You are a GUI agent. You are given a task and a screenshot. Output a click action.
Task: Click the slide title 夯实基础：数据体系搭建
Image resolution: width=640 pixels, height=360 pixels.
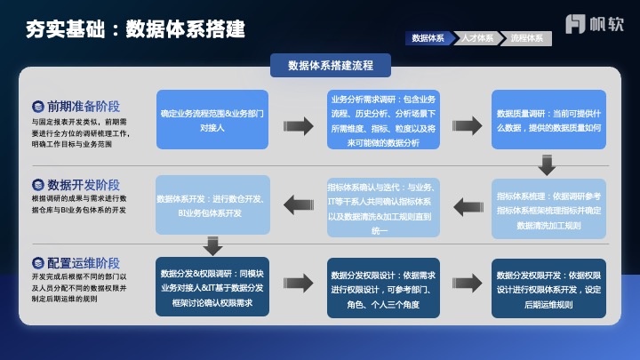point(136,29)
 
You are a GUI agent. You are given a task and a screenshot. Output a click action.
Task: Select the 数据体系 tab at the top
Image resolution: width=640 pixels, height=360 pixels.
point(428,39)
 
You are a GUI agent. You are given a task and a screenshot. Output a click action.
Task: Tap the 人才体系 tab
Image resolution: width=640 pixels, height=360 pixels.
point(477,39)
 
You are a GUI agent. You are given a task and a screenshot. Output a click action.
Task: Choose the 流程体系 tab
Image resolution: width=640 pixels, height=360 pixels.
point(527,39)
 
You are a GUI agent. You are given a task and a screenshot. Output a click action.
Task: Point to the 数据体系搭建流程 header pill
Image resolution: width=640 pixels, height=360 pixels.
point(331,65)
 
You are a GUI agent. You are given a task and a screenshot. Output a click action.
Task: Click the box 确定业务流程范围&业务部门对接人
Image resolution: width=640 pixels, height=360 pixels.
point(212,120)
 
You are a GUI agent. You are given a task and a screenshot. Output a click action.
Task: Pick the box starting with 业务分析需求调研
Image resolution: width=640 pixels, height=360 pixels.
point(383,120)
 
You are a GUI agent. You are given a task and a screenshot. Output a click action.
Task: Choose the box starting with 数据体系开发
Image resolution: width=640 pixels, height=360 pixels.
point(212,205)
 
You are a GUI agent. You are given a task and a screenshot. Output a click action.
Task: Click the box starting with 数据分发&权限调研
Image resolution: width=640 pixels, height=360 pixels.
point(212,288)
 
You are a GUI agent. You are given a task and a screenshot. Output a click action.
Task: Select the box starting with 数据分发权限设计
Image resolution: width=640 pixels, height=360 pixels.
point(383,288)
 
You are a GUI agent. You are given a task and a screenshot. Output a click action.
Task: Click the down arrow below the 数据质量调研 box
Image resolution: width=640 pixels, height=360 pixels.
point(547,164)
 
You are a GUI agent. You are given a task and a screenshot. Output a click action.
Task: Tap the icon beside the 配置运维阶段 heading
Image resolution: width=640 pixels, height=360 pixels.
point(38,263)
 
